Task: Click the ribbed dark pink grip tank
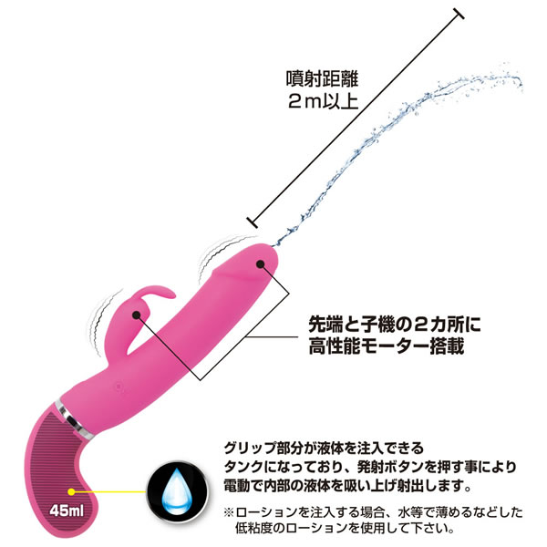click(77, 465)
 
